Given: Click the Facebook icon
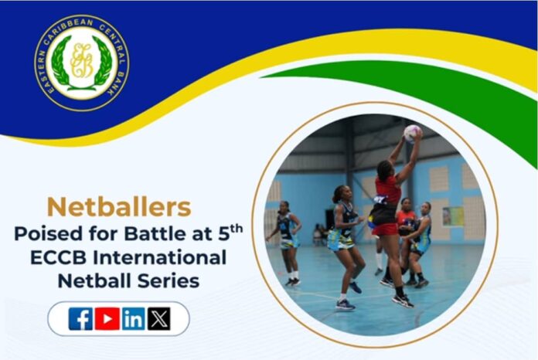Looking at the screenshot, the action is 80,319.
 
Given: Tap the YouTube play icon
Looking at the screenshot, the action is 107,319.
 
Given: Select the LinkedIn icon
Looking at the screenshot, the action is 134,319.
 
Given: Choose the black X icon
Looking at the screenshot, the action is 159,319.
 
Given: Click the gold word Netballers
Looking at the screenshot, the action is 119,207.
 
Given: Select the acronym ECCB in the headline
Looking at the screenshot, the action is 58,257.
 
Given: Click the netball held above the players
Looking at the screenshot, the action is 412,134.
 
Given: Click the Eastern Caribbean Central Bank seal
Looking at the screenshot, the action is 82,63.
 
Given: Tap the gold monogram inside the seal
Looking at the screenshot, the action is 82,60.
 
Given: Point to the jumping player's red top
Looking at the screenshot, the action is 388,190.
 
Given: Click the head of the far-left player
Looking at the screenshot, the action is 284,206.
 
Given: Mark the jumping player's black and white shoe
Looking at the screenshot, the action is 403,301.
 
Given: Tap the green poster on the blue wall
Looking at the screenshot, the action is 452,216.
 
